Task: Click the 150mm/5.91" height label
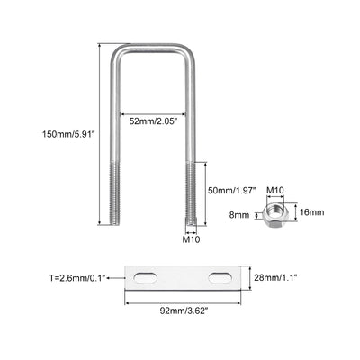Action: tap(68, 133)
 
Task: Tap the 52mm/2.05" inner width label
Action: tap(154, 121)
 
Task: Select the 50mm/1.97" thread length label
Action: tap(232, 190)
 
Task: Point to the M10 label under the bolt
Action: tap(191, 239)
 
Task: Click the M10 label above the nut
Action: tap(275, 190)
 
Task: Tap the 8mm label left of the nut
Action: tap(239, 215)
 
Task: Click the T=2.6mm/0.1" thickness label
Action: tap(77, 278)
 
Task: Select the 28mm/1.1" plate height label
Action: tap(275, 277)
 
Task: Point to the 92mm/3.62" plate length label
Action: tap(184, 311)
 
